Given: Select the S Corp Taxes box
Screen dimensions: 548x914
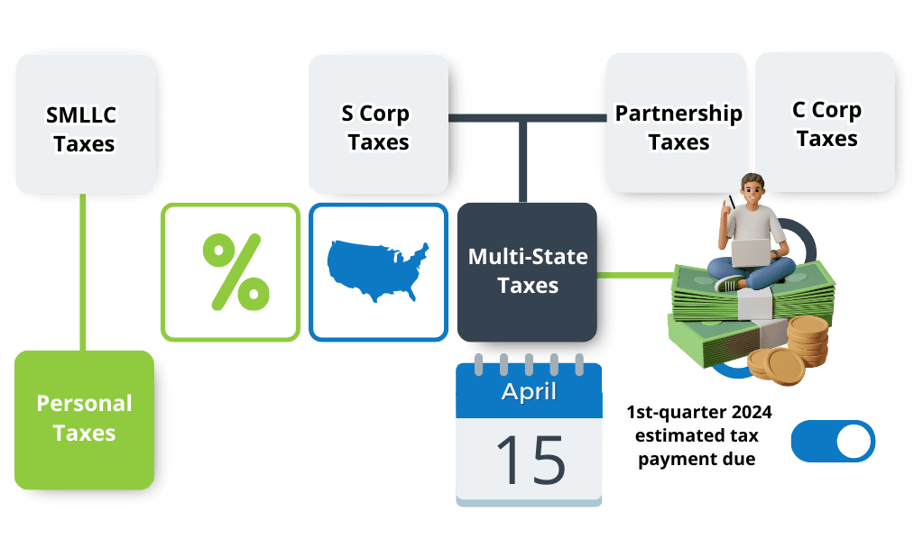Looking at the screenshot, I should pos(378,126).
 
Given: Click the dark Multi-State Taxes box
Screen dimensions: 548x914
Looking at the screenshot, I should pos(528,271).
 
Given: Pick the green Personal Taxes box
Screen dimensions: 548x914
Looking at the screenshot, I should pos(85,418).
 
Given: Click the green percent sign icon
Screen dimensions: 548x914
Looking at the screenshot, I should pos(231,270).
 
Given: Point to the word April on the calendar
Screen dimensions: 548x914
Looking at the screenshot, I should pos(529,392).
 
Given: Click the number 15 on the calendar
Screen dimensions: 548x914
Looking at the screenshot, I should pos(530,458).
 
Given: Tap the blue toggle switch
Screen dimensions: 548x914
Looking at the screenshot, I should pos(832,442).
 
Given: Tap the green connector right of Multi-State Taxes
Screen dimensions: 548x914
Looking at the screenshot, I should pos(636,275).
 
